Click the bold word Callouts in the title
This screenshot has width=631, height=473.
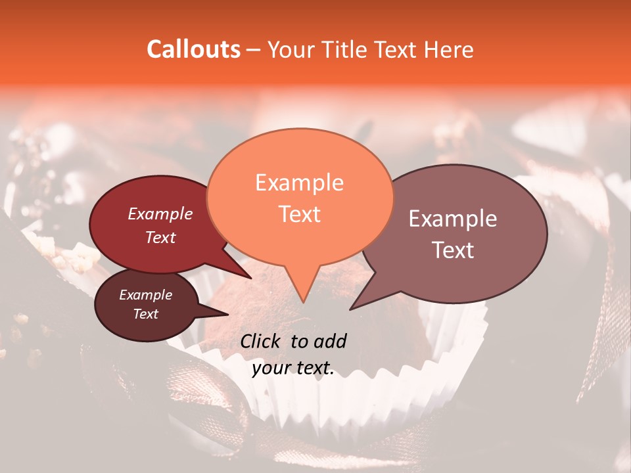click(x=193, y=49)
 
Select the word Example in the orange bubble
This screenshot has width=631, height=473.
click(x=299, y=183)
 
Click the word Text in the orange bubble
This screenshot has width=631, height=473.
click(x=299, y=214)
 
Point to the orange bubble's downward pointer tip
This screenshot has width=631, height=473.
click(x=303, y=302)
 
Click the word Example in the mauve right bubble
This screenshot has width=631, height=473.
click(x=453, y=219)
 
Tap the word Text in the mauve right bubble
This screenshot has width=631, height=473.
click(x=453, y=250)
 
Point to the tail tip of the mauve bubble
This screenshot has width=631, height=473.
click(x=350, y=309)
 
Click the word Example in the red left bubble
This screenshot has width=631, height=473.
click(x=160, y=214)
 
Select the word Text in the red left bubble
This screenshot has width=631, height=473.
click(x=160, y=238)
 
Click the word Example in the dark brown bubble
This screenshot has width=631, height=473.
click(x=145, y=295)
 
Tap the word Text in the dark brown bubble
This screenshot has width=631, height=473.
click(x=145, y=314)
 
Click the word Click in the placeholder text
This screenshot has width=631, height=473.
click(x=262, y=341)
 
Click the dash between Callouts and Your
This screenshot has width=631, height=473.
click(x=254, y=49)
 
